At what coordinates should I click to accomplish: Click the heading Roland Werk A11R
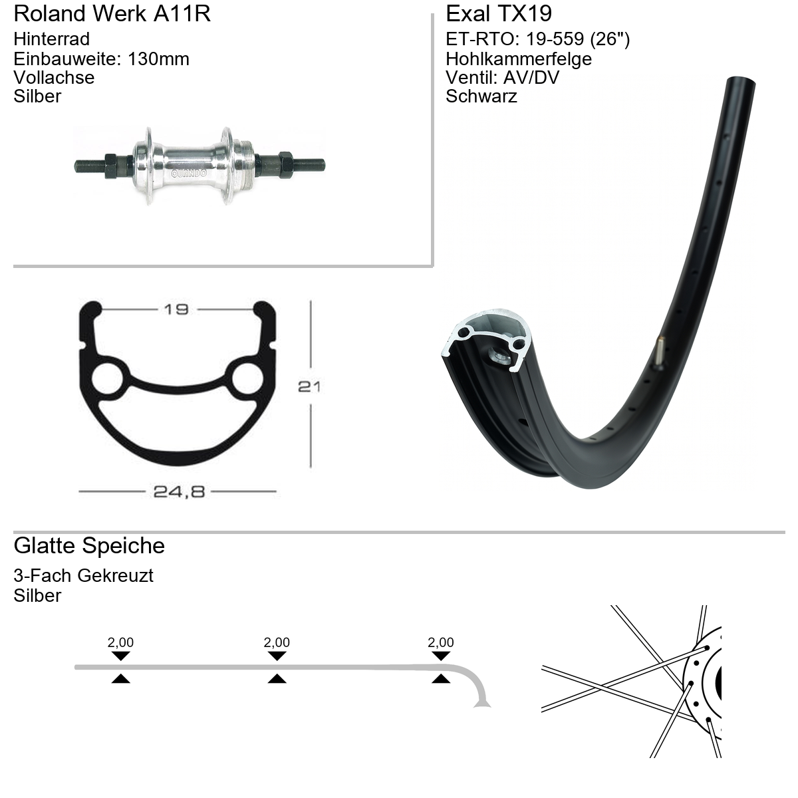point(112,14)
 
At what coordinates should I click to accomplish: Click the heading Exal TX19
point(499,14)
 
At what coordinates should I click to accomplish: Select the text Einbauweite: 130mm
point(102,59)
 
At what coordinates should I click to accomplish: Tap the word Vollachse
point(55,77)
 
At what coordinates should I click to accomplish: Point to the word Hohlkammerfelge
point(519,59)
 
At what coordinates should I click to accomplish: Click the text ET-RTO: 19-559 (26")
point(538,39)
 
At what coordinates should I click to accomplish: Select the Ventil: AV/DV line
point(503,77)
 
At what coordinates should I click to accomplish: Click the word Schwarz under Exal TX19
point(481,96)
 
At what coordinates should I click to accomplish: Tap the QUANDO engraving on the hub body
point(189,173)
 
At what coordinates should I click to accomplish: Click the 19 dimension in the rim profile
point(176,309)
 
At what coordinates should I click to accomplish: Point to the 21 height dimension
point(309,387)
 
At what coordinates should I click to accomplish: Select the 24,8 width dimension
point(179,491)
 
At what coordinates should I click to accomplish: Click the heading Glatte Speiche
point(90,546)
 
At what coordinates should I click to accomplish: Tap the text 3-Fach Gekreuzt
point(84,576)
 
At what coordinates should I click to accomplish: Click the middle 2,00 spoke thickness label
point(277,642)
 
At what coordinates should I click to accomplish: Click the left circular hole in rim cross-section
point(108,379)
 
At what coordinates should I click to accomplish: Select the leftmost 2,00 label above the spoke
point(120,642)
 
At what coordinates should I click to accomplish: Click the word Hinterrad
point(52,39)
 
